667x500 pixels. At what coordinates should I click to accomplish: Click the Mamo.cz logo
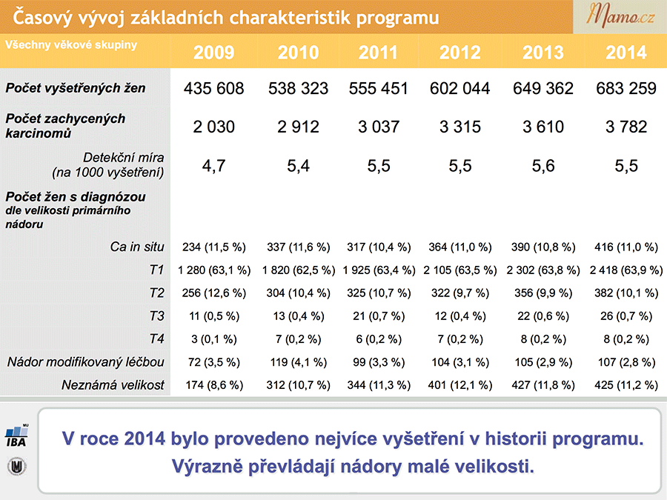[620, 16]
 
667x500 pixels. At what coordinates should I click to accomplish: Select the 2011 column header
[378, 53]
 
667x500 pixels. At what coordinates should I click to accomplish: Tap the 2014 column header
[626, 53]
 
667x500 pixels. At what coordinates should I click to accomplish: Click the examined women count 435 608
[213, 88]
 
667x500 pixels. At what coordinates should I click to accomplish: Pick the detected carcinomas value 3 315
[459, 127]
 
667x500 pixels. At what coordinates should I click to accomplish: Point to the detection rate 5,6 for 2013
[543, 166]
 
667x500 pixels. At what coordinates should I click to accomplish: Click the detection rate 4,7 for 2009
[213, 166]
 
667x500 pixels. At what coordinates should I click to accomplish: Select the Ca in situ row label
[137, 247]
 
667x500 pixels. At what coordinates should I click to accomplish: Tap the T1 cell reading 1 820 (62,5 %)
[298, 270]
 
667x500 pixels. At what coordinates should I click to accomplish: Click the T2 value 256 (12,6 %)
[214, 293]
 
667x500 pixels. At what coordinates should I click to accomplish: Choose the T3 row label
[156, 316]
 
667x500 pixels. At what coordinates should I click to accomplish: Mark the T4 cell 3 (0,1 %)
[214, 339]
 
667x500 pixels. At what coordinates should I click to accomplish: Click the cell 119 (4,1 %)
[298, 361]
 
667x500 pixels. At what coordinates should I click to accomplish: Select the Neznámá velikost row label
[113, 384]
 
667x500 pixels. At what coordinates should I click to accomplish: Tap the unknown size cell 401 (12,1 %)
[459, 384]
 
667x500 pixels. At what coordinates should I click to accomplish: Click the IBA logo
[16, 436]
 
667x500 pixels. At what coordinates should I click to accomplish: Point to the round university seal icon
[16, 467]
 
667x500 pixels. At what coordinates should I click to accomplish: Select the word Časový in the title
[42, 18]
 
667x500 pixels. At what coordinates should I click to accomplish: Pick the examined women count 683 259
[626, 88]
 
